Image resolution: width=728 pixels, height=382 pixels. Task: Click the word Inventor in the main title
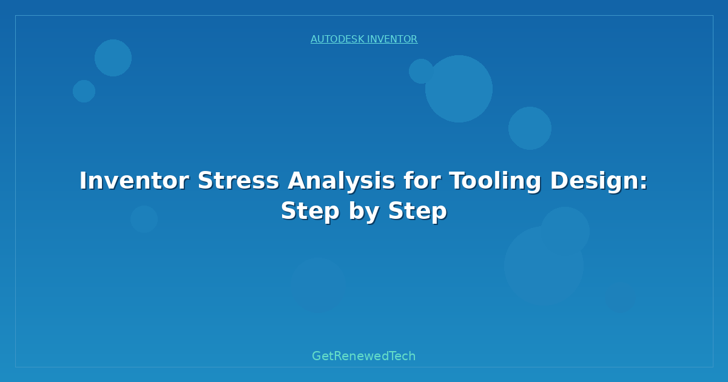pos(134,181)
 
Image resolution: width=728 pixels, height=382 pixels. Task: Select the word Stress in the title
pos(238,181)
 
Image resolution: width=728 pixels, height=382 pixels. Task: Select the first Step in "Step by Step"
pos(310,211)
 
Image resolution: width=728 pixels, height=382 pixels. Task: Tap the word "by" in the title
pos(364,212)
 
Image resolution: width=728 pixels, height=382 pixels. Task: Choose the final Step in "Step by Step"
pos(417,211)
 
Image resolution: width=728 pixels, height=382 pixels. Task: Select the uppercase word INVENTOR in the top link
pos(393,39)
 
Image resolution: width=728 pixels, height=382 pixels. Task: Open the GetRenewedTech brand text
pos(364,356)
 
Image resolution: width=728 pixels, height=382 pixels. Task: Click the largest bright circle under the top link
pos(459,89)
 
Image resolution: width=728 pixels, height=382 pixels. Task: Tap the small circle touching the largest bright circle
pos(420,71)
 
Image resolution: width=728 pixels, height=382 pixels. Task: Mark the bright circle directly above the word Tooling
pos(530,128)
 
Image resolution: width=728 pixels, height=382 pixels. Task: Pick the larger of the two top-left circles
pos(113,58)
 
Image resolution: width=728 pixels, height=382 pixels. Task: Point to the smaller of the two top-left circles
pos(84,91)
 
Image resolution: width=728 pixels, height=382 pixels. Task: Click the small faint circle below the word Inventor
pos(144,219)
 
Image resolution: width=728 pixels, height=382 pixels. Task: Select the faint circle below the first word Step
pos(318,284)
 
